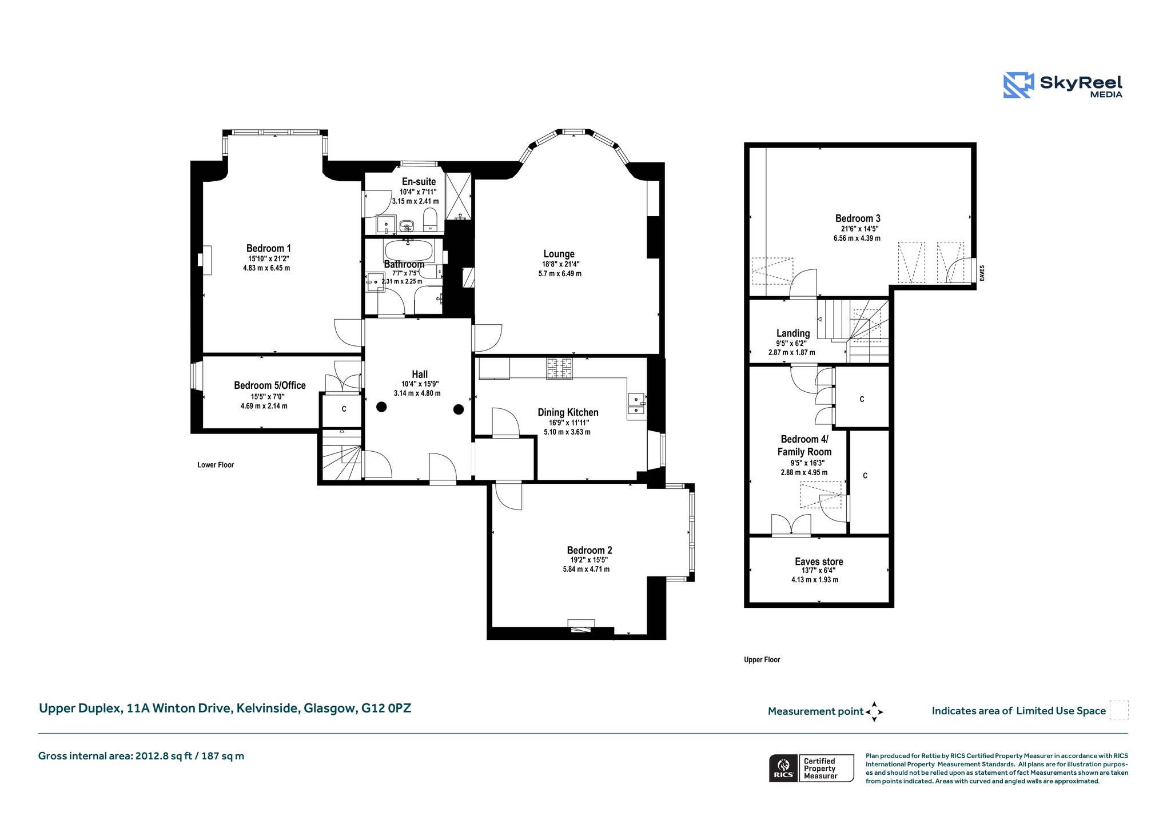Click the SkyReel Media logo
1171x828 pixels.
click(x=1062, y=85)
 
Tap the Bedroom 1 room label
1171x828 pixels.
click(x=269, y=248)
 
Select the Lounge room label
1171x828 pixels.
click(x=559, y=254)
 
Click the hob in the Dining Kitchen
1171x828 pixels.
click(x=559, y=368)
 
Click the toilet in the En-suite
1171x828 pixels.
click(x=430, y=220)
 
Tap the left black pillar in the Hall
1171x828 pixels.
click(x=381, y=407)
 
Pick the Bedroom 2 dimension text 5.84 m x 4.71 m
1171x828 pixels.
click(x=586, y=569)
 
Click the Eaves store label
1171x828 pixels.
click(x=819, y=562)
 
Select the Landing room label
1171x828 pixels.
click(x=793, y=333)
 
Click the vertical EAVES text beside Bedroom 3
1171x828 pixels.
click(x=982, y=272)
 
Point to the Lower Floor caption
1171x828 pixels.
click(x=216, y=465)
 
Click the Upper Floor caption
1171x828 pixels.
click(x=762, y=660)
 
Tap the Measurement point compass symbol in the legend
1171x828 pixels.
click(x=874, y=712)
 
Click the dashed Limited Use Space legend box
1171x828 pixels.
click(x=1119, y=710)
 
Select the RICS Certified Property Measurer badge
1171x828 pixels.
click(x=811, y=768)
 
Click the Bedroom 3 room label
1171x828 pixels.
click(x=857, y=218)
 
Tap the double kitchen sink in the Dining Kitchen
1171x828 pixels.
click(x=636, y=403)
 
